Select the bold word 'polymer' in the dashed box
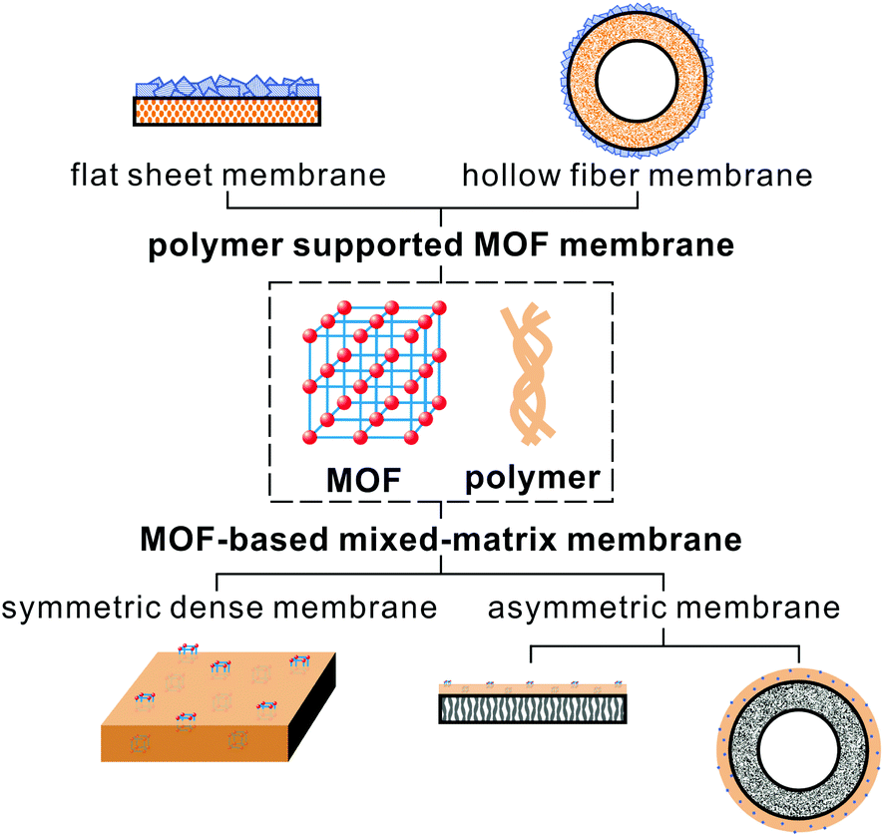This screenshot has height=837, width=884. (533, 478)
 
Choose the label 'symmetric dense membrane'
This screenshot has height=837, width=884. (219, 608)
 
